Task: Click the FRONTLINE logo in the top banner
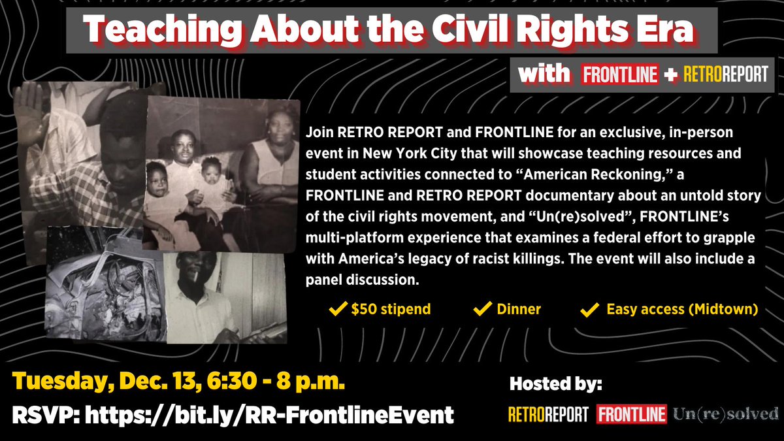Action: pos(619,74)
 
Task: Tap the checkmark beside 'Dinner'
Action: pos(482,309)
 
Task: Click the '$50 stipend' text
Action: pos(391,309)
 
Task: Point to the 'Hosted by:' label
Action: pos(555,385)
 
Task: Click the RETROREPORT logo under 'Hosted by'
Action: pos(547,414)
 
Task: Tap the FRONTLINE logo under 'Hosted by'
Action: pos(631,414)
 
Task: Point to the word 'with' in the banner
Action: pos(544,74)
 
